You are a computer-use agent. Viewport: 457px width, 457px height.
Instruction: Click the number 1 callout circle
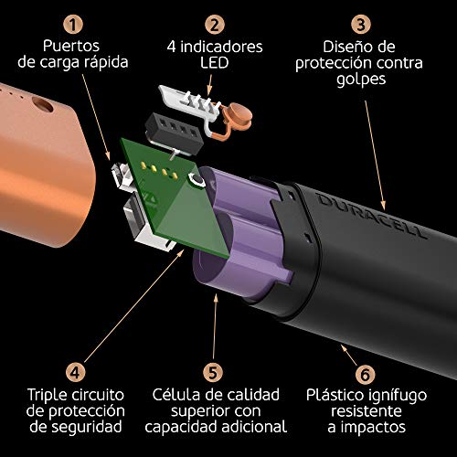(73, 25)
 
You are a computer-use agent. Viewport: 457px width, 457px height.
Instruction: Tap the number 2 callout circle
(215, 25)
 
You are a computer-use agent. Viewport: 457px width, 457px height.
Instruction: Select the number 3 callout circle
(361, 25)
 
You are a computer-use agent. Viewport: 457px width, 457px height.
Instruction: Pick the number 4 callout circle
(75, 373)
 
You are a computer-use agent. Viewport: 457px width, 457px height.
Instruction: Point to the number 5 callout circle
(213, 373)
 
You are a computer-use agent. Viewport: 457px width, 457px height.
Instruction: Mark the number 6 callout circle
(366, 374)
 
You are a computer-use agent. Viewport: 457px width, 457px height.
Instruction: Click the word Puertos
(71, 47)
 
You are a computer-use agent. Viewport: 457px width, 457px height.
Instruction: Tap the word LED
(215, 62)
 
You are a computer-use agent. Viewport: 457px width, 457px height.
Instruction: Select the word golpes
(361, 80)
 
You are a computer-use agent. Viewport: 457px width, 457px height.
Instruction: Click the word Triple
(48, 395)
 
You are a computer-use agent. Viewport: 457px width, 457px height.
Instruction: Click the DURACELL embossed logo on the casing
(372, 216)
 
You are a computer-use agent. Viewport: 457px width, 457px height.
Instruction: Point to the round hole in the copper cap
(43, 104)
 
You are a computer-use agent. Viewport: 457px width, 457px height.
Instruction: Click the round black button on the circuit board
(197, 179)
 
